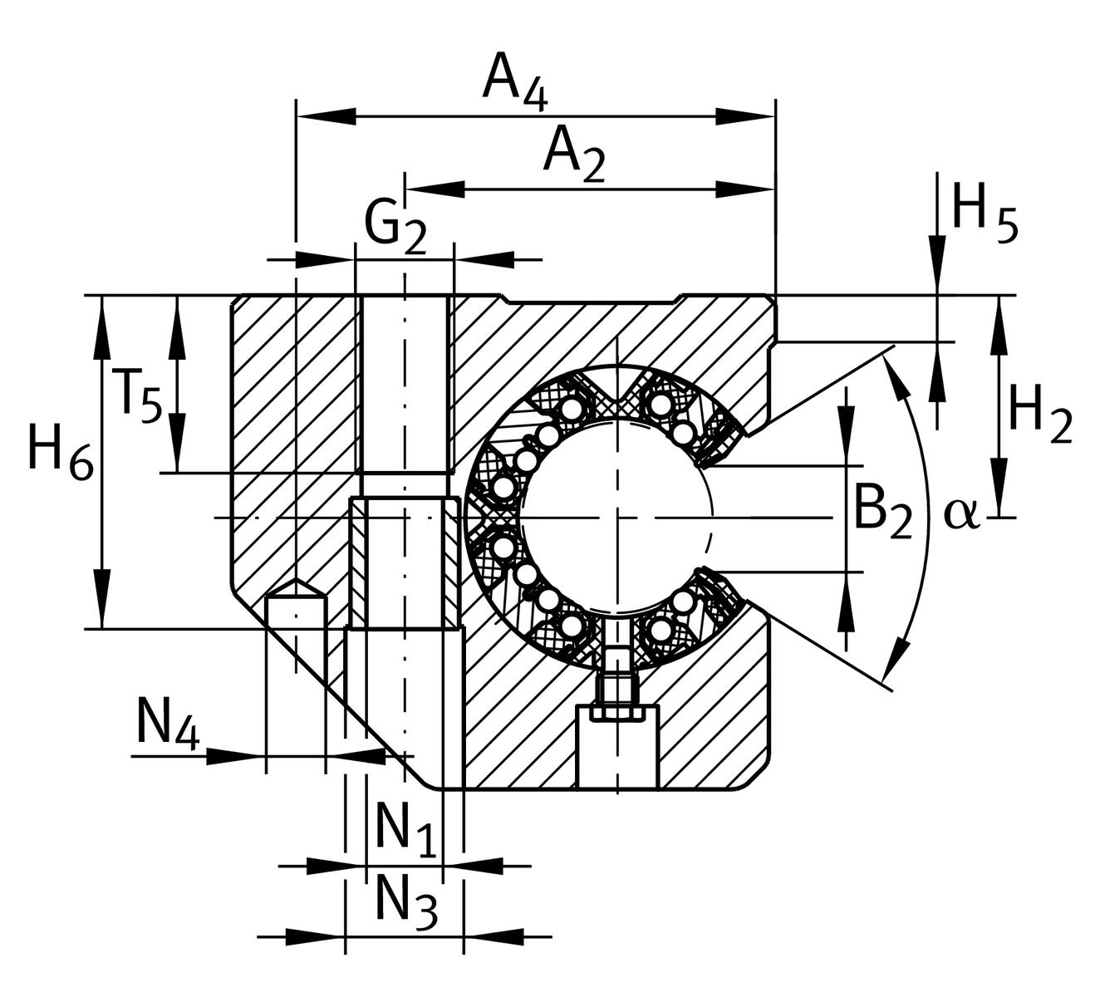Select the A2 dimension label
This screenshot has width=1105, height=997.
[x=574, y=155]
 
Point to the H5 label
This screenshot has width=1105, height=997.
[x=985, y=212]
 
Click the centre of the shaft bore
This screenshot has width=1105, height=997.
[x=617, y=518]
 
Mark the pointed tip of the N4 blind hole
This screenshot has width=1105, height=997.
[x=294, y=582]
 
